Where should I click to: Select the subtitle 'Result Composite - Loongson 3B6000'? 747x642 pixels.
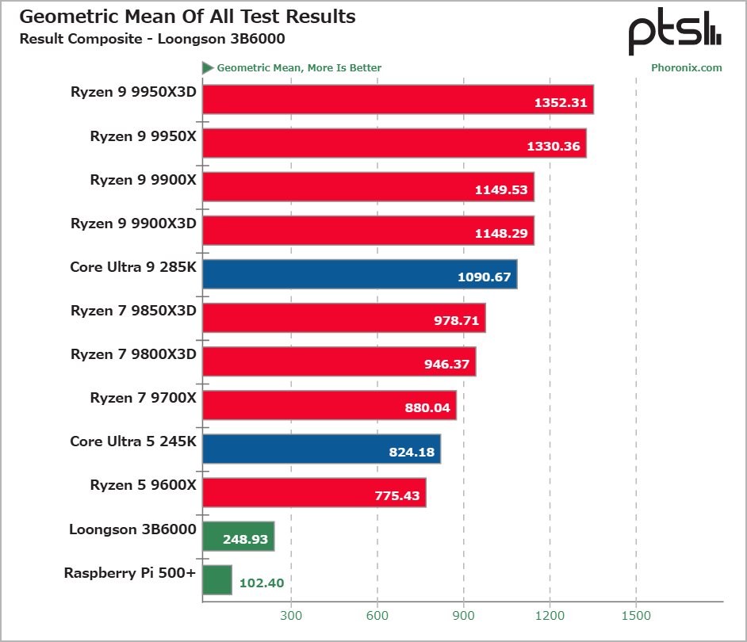click(152, 38)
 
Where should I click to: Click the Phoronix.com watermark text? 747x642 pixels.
click(686, 67)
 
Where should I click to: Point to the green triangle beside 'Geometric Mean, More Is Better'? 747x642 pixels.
click(208, 67)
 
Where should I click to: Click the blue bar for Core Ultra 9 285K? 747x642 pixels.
click(360, 274)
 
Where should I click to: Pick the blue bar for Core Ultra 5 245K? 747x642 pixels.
click(321, 449)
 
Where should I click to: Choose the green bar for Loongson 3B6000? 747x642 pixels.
click(239, 536)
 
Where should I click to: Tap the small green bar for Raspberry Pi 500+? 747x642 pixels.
click(217, 579)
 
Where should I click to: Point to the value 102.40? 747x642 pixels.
click(261, 583)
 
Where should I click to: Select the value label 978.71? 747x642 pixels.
click(453, 321)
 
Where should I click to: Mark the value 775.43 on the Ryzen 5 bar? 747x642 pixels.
click(399, 495)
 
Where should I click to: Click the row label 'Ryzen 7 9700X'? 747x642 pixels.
click(143, 398)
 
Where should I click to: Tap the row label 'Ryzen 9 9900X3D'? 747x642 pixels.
click(133, 224)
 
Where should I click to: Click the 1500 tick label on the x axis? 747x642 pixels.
click(636, 615)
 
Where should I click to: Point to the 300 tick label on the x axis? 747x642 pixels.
click(291, 615)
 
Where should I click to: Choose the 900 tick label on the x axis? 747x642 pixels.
click(464, 615)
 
